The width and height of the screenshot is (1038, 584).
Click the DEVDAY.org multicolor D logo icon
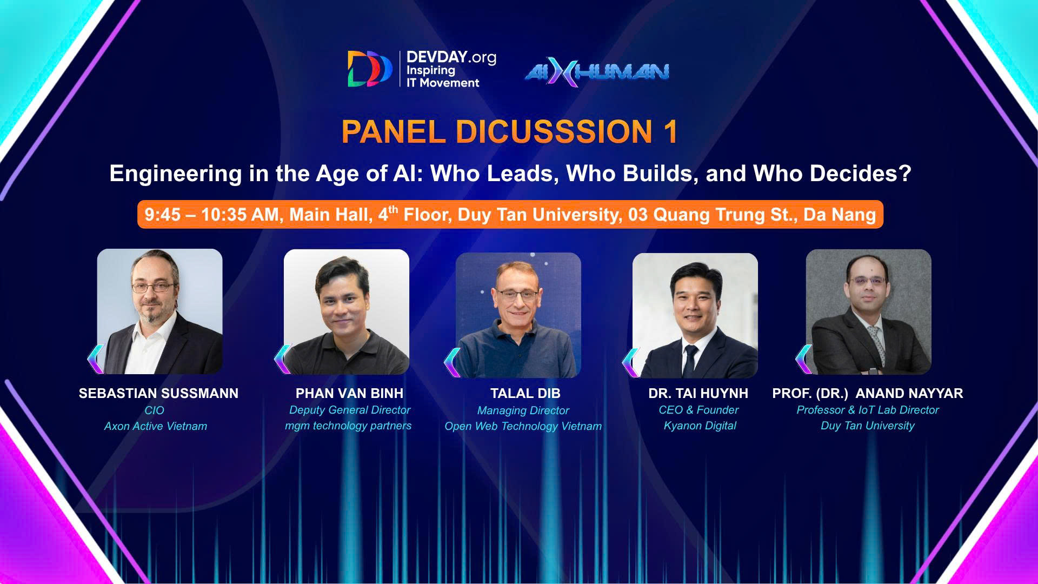pos(370,69)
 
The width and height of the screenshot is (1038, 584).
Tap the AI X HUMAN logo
pos(597,72)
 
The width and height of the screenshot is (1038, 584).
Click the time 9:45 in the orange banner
pos(163,215)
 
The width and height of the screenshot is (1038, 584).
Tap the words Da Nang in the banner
pos(840,215)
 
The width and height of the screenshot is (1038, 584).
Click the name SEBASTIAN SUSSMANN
pos(158,393)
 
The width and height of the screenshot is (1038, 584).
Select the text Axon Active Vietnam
pos(156,426)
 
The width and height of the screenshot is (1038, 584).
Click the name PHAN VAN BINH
pos(349,393)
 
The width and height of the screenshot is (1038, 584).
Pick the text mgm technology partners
pos(348,426)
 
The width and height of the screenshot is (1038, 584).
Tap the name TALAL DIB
pos(525,393)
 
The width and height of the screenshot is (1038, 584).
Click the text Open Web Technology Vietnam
pos(523,427)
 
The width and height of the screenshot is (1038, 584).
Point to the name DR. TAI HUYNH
pos(698,393)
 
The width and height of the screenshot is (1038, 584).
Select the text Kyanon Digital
pos(700,426)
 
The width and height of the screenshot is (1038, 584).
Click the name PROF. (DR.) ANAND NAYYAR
pos(868,393)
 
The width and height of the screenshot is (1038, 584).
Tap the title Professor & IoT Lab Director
pos(868,410)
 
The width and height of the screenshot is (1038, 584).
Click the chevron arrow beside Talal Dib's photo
pos(452,362)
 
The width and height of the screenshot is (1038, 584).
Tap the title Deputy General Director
pos(349,410)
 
